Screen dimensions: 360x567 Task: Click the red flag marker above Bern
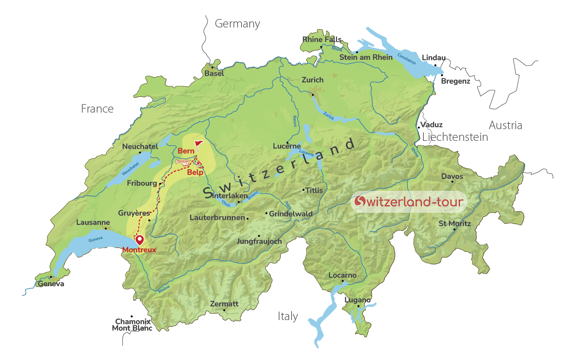(198, 144)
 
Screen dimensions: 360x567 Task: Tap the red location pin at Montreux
(140, 240)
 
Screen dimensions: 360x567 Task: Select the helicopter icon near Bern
(183, 162)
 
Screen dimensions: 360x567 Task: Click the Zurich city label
(313, 80)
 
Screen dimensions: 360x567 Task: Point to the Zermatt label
(224, 304)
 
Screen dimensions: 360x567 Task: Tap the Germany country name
(237, 24)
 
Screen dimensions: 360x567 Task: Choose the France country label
(97, 109)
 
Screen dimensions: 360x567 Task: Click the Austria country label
(505, 126)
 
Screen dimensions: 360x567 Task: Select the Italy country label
(288, 316)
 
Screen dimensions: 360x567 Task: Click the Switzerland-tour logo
(409, 201)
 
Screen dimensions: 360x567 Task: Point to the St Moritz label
(454, 224)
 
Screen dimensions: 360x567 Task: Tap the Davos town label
(452, 176)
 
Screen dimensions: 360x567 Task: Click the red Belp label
(195, 172)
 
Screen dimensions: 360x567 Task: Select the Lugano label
(358, 300)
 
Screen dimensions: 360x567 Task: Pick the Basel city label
(214, 73)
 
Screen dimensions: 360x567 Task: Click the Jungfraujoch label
(259, 241)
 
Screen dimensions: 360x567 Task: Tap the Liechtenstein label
(455, 137)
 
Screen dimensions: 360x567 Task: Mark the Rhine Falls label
(322, 40)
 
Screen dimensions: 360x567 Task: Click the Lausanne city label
(93, 222)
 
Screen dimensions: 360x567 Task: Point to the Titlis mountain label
(314, 190)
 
